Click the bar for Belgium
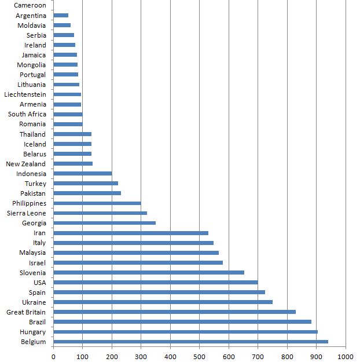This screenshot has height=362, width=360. [x=190, y=342]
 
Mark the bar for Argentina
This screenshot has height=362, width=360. [x=61, y=16]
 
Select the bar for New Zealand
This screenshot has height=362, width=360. [x=73, y=164]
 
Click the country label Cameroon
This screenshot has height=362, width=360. [x=30, y=6]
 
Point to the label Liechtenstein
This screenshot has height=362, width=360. [x=25, y=94]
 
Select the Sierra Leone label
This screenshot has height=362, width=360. [x=26, y=213]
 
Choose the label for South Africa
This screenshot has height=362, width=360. [x=27, y=114]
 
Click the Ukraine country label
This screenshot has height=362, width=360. [x=34, y=302]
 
